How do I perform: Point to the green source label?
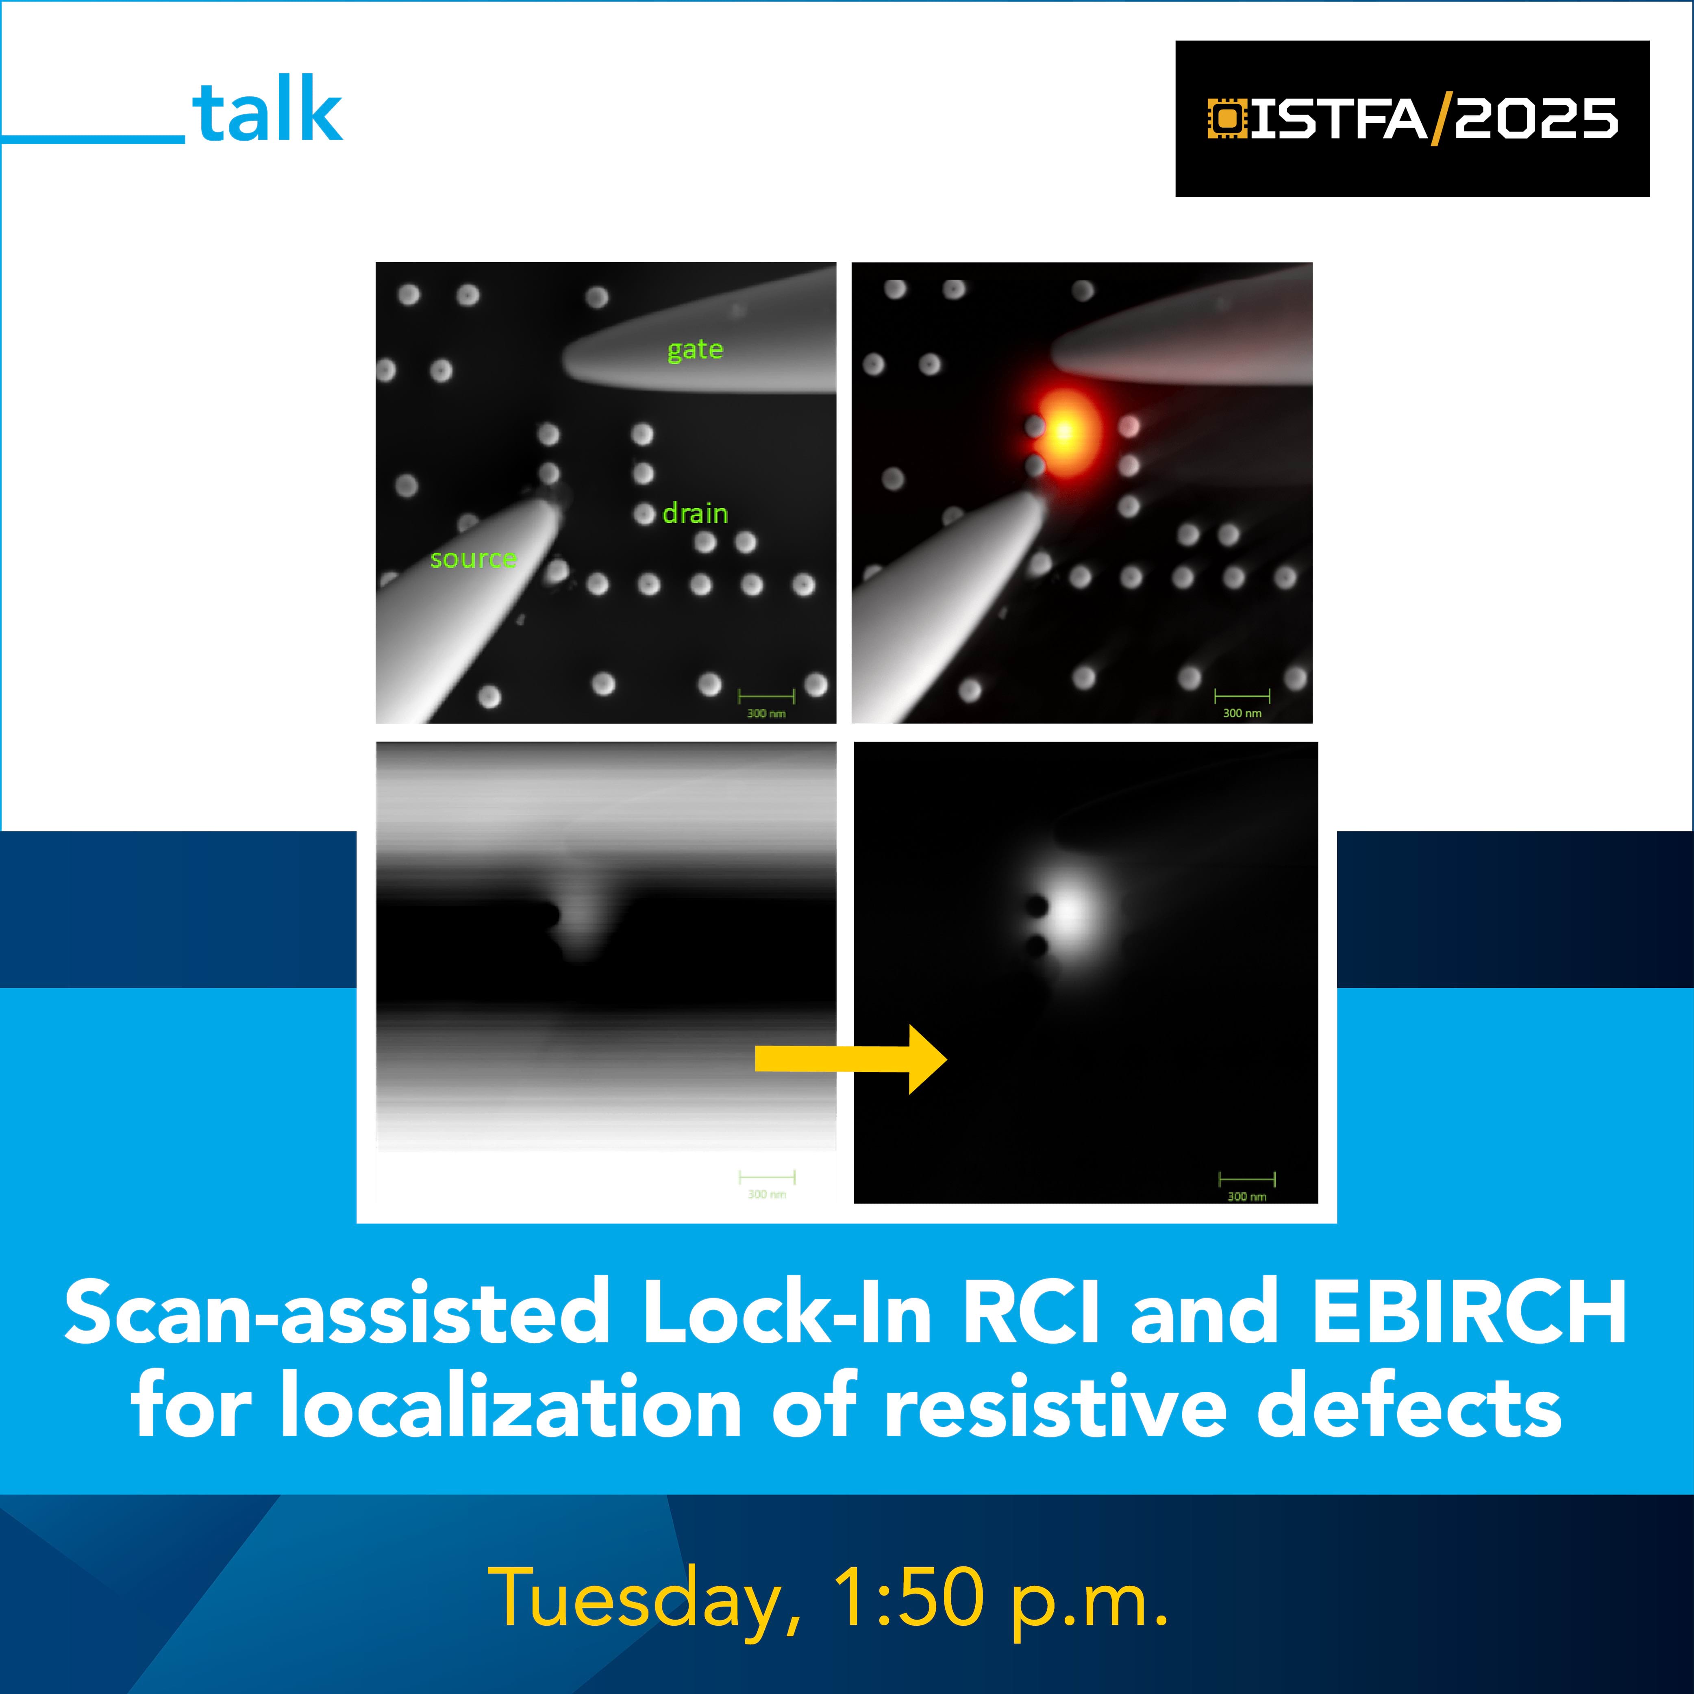pos(474,559)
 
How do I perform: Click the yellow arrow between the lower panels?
pos(850,1059)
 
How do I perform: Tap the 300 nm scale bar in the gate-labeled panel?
pos(766,702)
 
